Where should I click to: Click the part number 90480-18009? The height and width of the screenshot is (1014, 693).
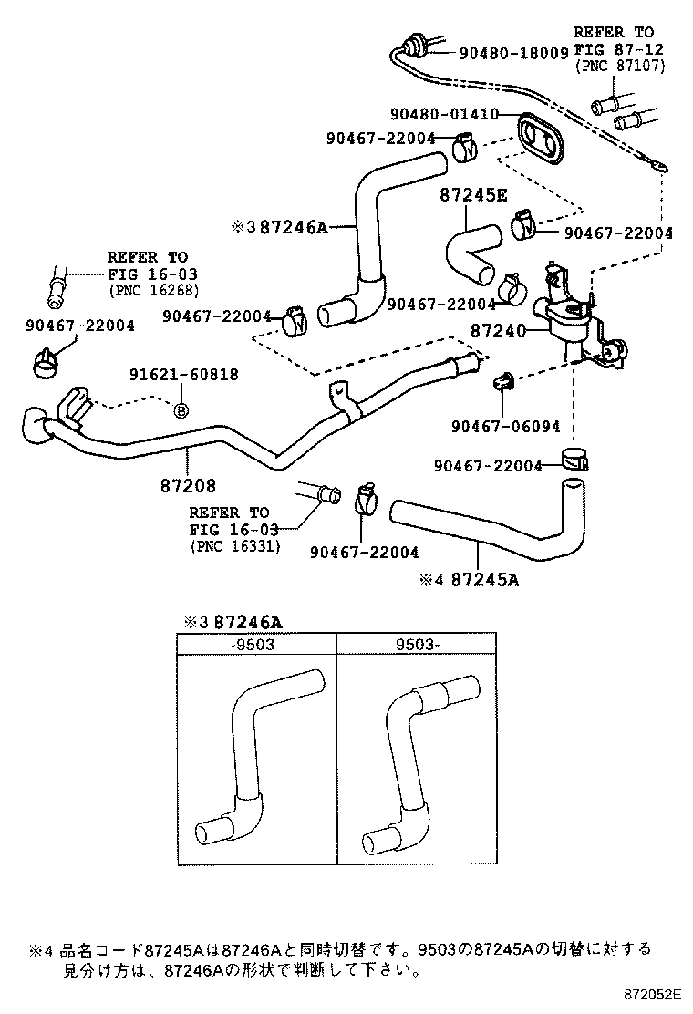[515, 54]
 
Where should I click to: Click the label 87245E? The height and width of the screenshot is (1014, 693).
[472, 195]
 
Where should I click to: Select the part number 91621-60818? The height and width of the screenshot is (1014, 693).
[183, 374]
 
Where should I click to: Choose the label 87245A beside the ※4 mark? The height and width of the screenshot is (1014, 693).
[485, 579]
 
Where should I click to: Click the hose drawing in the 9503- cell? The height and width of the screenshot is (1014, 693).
[419, 757]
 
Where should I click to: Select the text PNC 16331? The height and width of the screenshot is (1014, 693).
[236, 546]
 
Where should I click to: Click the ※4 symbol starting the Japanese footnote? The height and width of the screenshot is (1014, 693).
[42, 948]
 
